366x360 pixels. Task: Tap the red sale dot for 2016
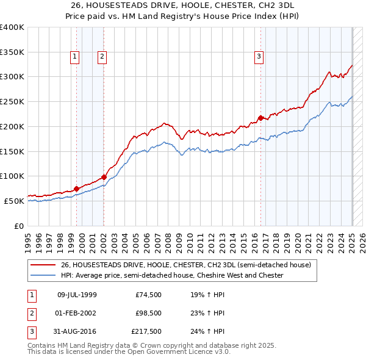(x=260, y=118)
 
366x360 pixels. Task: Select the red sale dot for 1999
(x=76, y=189)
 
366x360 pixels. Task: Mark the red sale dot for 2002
(x=104, y=177)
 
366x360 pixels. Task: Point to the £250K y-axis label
(x=12, y=101)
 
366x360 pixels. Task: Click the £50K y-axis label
(x=14, y=201)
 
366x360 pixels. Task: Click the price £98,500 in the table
(x=148, y=314)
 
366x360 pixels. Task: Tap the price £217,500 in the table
(x=146, y=333)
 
